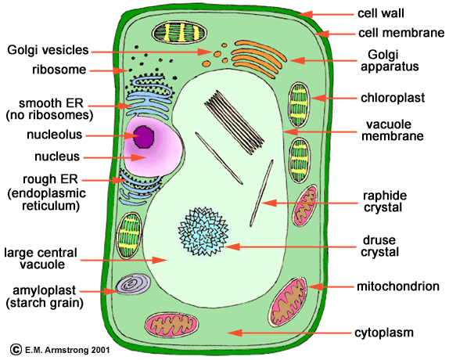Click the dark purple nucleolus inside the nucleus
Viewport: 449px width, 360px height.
pyautogui.click(x=143, y=137)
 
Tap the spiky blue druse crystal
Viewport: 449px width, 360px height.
pyautogui.click(x=203, y=232)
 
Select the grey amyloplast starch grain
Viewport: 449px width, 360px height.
pyautogui.click(x=133, y=284)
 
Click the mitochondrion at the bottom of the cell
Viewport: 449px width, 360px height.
pyautogui.click(x=171, y=325)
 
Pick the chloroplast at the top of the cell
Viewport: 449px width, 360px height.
pyautogui.click(x=179, y=32)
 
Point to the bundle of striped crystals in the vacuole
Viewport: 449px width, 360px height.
pyautogui.click(x=234, y=122)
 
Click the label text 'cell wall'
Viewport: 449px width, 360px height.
pyautogui.click(x=381, y=13)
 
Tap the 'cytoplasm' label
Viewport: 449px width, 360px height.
pyautogui.click(x=384, y=333)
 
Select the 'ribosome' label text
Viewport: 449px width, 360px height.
pyautogui.click(x=59, y=70)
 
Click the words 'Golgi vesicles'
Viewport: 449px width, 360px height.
pyautogui.click(x=48, y=50)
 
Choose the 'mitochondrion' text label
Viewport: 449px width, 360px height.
pyautogui.click(x=398, y=286)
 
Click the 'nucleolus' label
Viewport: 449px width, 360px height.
pyautogui.click(x=55, y=135)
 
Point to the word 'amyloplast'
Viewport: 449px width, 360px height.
pyautogui.click(x=45, y=290)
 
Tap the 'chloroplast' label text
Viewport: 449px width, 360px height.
pyautogui.click(x=393, y=98)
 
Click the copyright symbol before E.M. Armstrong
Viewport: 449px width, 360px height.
pyautogui.click(x=16, y=349)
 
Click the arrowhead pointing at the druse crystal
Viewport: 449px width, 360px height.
pyautogui.click(x=232, y=247)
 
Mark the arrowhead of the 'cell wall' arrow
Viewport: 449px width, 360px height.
pyautogui.click(x=305, y=14)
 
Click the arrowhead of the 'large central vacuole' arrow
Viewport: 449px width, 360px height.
pyautogui.click(x=160, y=260)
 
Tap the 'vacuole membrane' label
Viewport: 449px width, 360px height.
pyautogui.click(x=393, y=131)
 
